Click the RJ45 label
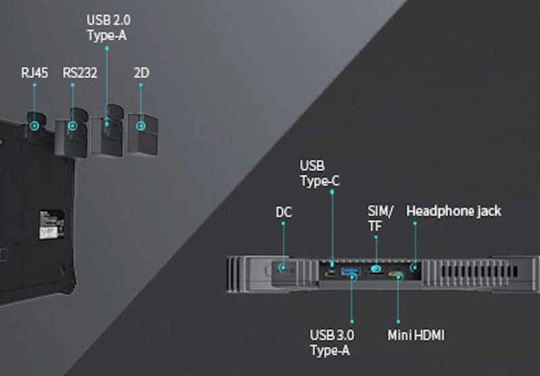point(34,73)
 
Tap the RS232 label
point(80,73)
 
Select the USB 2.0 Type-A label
point(109,26)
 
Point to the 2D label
point(141,73)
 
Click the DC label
point(283,212)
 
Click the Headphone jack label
point(454,211)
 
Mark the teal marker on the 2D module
point(140,126)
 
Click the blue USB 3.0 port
point(350,272)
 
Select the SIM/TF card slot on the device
point(376,271)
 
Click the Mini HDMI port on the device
point(397,275)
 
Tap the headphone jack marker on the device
point(414,268)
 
